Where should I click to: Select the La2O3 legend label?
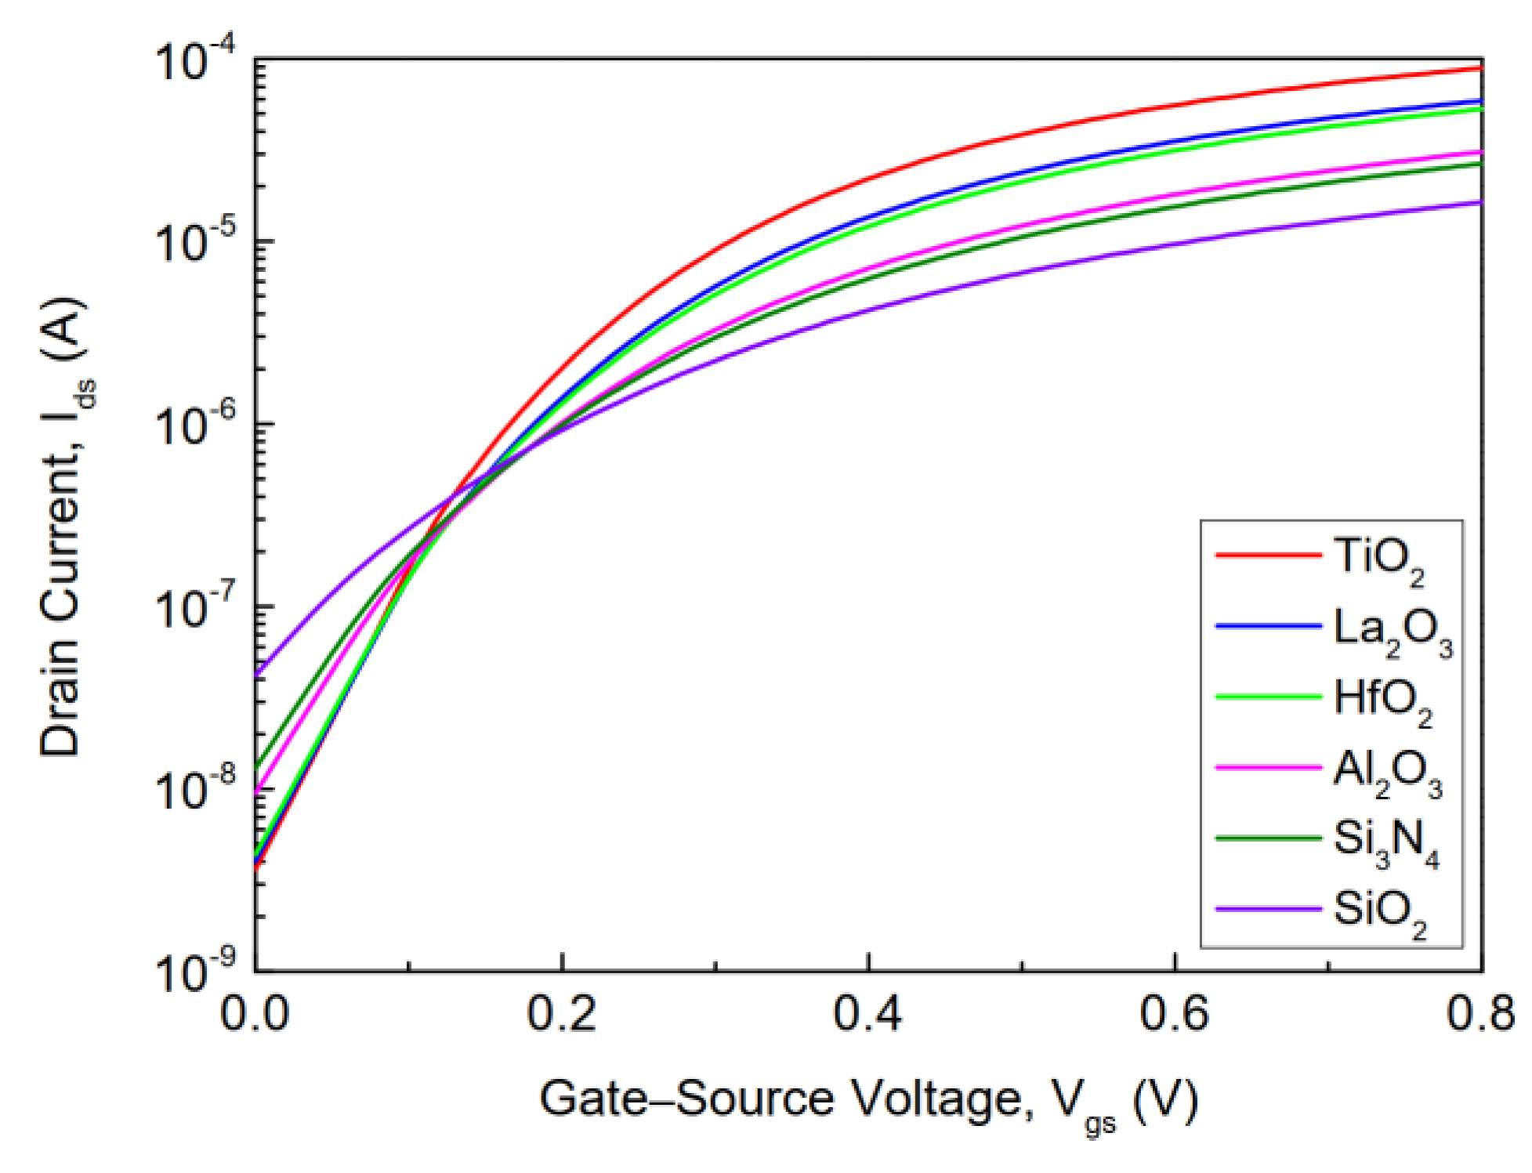click(1392, 631)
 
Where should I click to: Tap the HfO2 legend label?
click(1382, 700)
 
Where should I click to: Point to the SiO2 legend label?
click(1379, 912)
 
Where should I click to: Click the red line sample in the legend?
click(1268, 555)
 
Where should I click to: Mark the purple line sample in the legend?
click(1268, 909)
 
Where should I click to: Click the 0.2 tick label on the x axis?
click(562, 1014)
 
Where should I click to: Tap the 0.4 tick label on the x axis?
click(868, 1014)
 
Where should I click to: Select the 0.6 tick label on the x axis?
click(1175, 1014)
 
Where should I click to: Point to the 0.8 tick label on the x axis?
click(1480, 1014)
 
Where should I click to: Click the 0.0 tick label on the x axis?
click(255, 1014)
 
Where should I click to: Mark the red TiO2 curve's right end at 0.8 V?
click(1480, 69)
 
